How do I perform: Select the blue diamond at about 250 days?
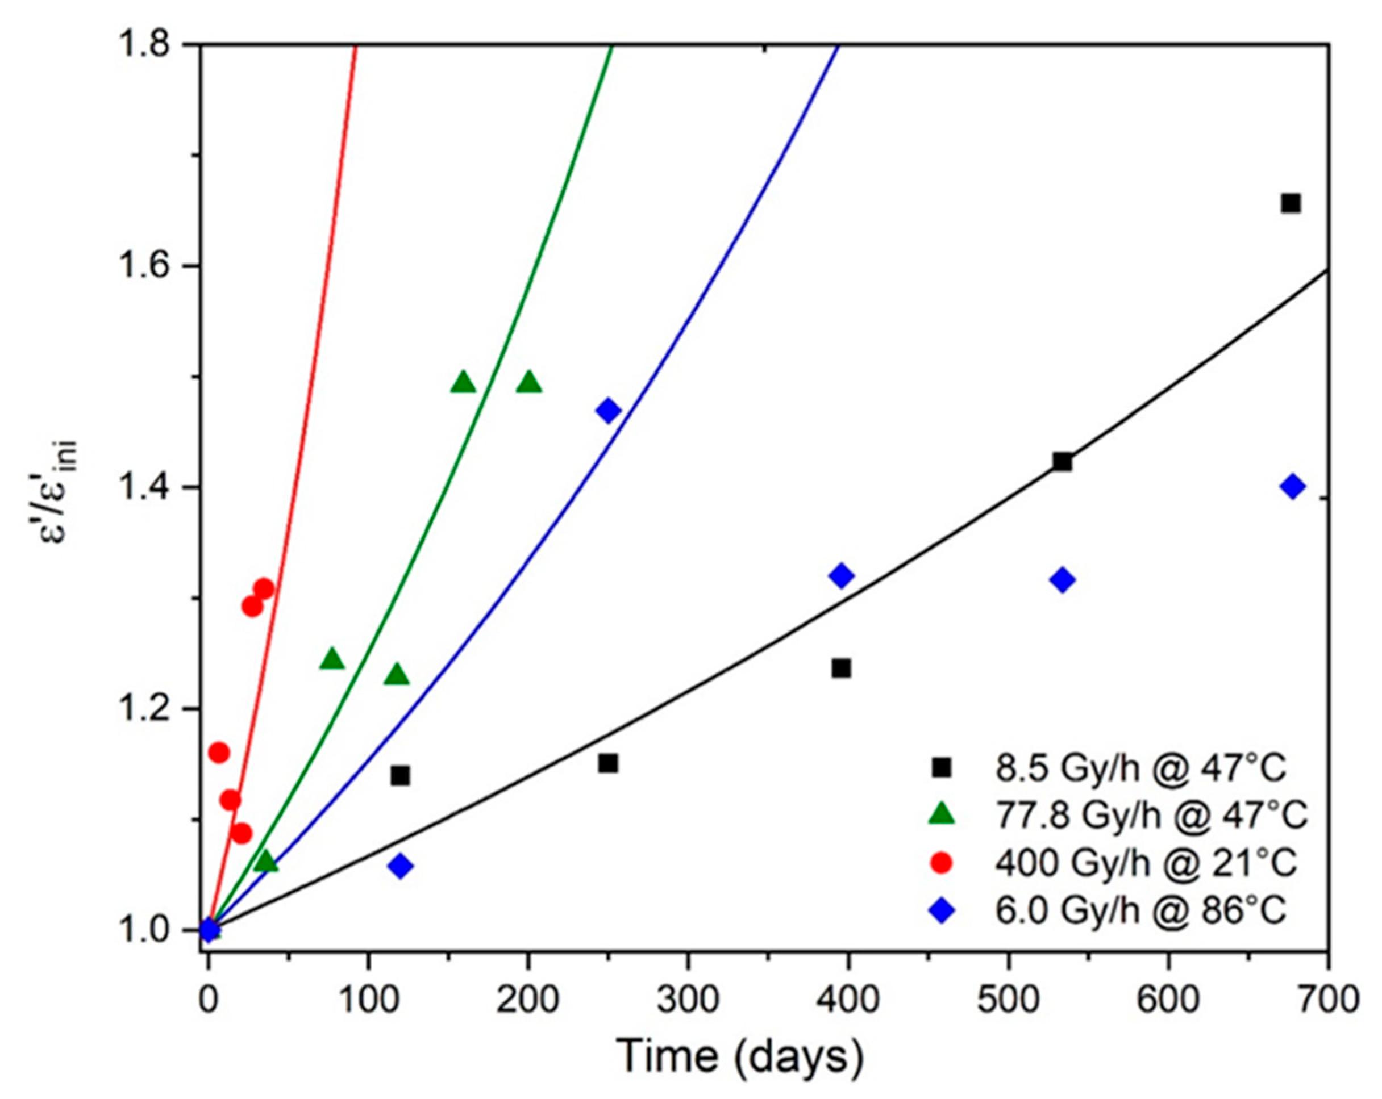(608, 410)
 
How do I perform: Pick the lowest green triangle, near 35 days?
(267, 863)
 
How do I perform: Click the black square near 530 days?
(1062, 461)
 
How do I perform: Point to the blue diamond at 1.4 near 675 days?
(1293, 486)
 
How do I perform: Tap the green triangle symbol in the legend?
(941, 815)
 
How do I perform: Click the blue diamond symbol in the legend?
(941, 910)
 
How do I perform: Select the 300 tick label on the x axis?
(688, 1000)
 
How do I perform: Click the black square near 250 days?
(607, 763)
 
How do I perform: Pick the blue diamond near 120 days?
(401, 866)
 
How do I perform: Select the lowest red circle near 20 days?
(242, 834)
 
